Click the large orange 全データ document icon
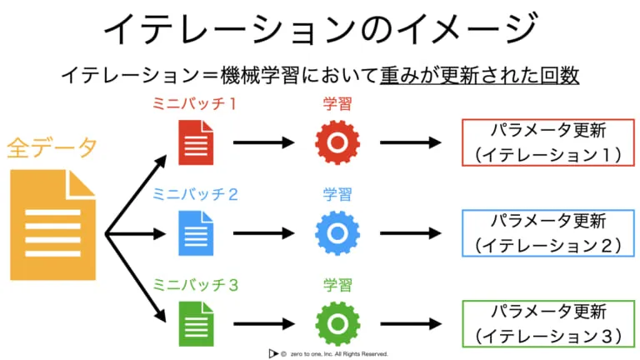tap(53, 225)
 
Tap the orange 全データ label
tap(52, 147)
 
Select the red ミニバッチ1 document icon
tap(196, 142)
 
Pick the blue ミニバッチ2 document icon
tap(196, 233)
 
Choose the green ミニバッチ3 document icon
tap(196, 323)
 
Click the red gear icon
tap(337, 142)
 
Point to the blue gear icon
tap(337, 233)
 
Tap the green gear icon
tap(337, 323)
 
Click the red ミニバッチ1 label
tap(195, 103)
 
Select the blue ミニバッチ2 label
tap(195, 194)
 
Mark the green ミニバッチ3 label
tap(195, 285)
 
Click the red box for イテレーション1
tap(548, 119)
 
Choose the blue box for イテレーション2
tap(548, 210)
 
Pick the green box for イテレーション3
tap(548, 301)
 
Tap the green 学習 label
tap(337, 285)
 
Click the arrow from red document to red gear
tap(264, 142)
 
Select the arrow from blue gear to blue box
tap(411, 233)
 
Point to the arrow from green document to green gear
tap(264, 323)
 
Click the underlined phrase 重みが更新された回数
tap(480, 76)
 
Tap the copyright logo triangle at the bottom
tap(272, 353)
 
